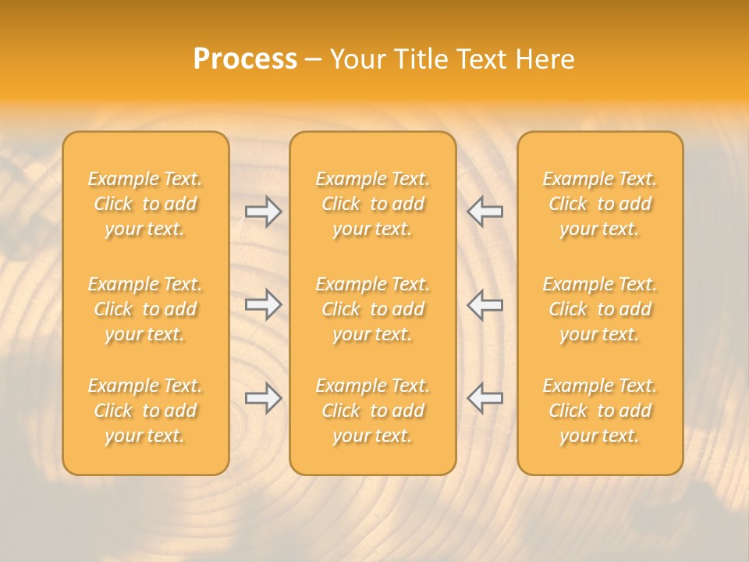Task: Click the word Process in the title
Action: pyautogui.click(x=245, y=59)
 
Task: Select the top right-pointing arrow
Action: pyautogui.click(x=264, y=212)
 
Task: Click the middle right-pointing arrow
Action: pyautogui.click(x=264, y=304)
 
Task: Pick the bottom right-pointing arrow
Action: pyautogui.click(x=264, y=398)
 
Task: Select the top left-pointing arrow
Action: pyautogui.click(x=485, y=212)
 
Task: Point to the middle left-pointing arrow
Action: pyautogui.click(x=485, y=304)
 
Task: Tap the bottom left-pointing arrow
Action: pyautogui.click(x=485, y=398)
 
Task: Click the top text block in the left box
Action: pyautogui.click(x=145, y=204)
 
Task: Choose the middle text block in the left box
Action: pyautogui.click(x=145, y=309)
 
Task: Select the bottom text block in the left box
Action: pyautogui.click(x=145, y=411)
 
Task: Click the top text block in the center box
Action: pyautogui.click(x=373, y=204)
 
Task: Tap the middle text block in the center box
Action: pyautogui.click(x=373, y=309)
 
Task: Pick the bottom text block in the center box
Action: pyautogui.click(x=373, y=411)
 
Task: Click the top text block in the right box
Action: pyautogui.click(x=600, y=204)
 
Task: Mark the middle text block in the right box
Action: pyautogui.click(x=600, y=309)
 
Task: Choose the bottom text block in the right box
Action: pyautogui.click(x=600, y=411)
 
